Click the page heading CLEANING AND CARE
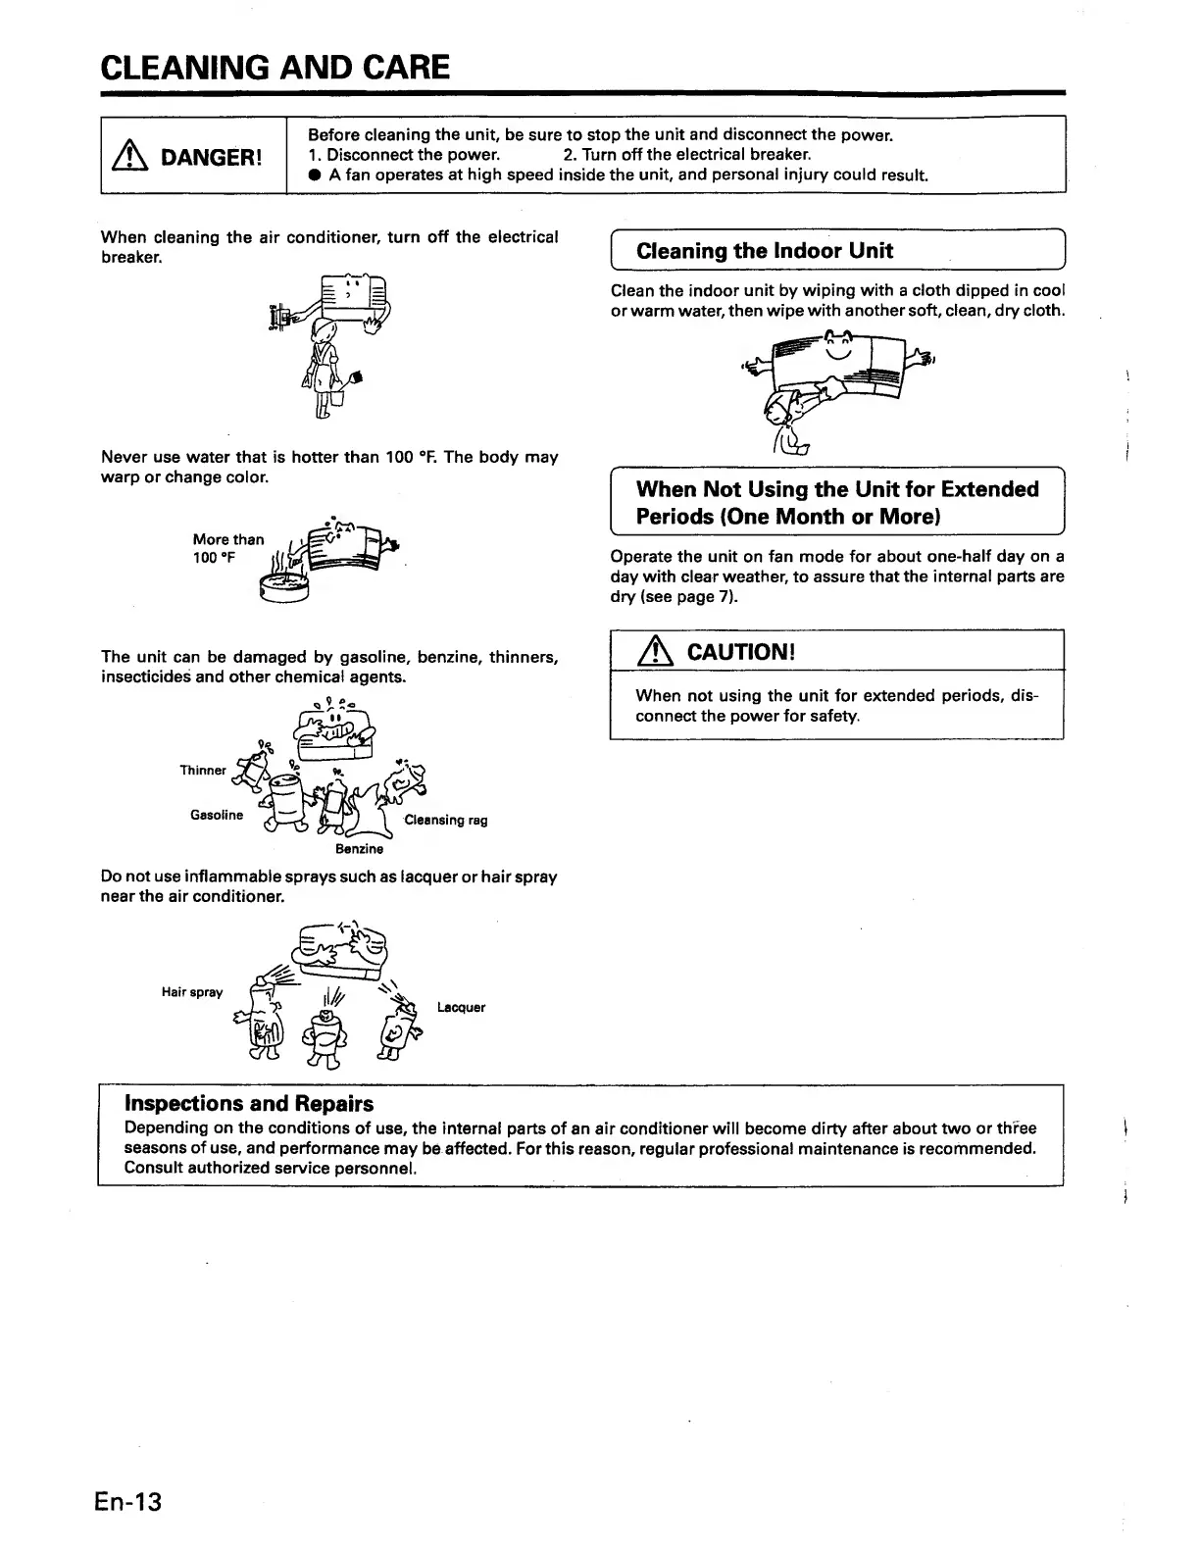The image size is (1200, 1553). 275,67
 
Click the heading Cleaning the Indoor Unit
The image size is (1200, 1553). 764,250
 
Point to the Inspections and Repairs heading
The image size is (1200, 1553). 249,1104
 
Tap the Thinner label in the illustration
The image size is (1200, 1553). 203,771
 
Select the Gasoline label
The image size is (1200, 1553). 217,815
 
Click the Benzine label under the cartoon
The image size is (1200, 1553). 359,849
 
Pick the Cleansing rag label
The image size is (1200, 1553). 445,820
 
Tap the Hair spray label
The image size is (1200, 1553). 192,992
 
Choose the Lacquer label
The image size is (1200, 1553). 461,1007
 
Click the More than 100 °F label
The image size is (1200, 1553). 227,548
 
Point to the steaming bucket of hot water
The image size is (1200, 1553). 283,587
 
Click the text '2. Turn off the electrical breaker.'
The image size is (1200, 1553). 687,155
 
